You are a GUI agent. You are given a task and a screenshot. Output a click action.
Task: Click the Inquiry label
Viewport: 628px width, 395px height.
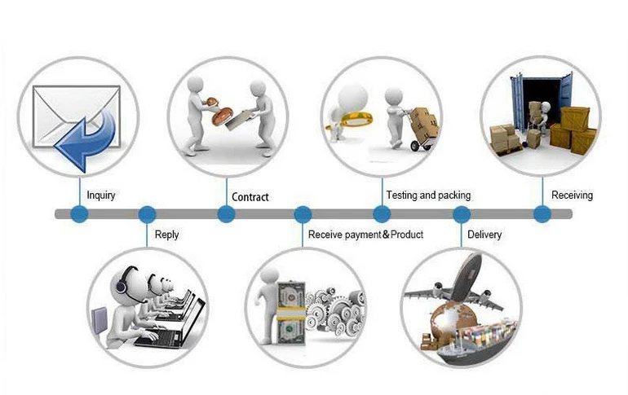click(x=101, y=195)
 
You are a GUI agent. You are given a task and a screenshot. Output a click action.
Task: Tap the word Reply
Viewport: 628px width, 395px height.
click(x=166, y=235)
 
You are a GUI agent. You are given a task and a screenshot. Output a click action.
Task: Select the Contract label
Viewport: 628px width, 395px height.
click(x=250, y=197)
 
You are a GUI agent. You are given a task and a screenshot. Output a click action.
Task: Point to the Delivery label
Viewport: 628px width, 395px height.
click(x=484, y=235)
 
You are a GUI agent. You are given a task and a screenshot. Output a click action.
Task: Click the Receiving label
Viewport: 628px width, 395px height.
click(x=572, y=195)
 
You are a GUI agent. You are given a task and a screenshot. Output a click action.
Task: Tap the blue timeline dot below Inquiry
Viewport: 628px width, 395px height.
click(x=79, y=214)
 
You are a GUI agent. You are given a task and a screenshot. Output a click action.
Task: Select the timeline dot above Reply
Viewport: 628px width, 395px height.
click(x=147, y=214)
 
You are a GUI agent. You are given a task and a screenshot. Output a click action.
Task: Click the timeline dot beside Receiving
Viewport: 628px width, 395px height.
click(x=542, y=214)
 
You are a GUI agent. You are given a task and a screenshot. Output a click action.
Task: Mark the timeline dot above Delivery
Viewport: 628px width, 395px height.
click(x=462, y=214)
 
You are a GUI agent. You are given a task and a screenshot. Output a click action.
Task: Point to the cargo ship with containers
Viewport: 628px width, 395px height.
click(x=475, y=343)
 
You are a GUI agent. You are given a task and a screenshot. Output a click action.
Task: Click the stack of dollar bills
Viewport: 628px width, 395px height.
click(x=291, y=314)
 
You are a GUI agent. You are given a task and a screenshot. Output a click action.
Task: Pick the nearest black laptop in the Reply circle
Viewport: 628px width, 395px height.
click(x=170, y=328)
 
